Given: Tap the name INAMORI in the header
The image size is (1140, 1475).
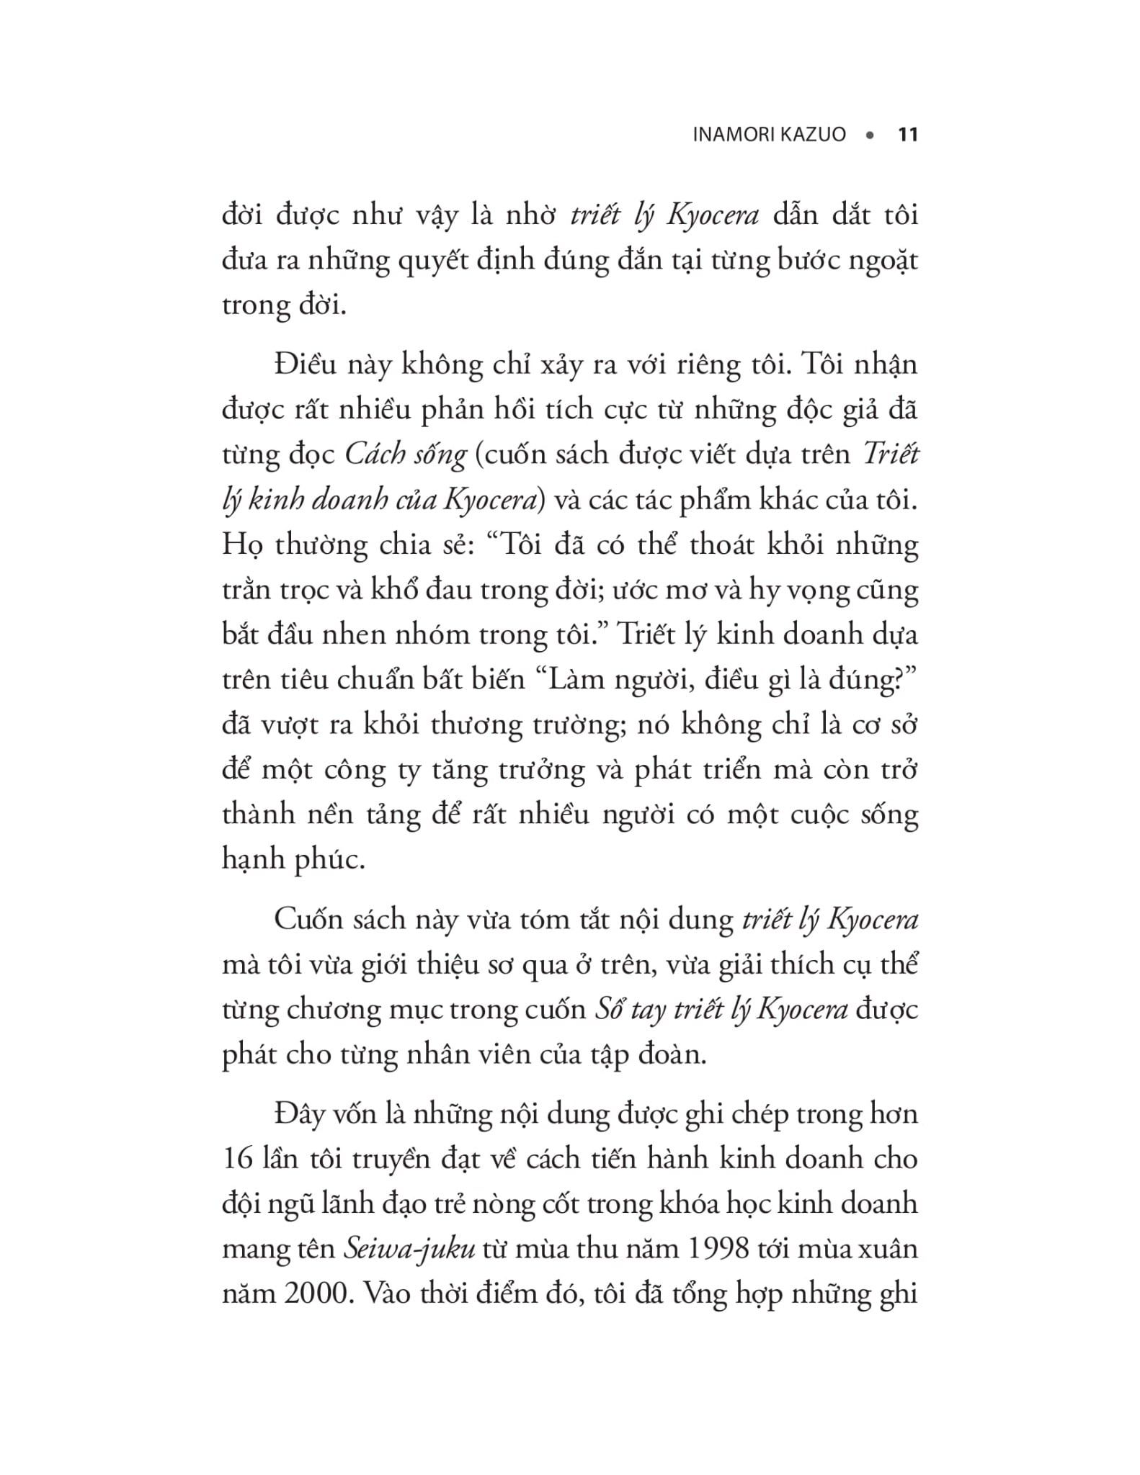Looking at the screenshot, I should (734, 135).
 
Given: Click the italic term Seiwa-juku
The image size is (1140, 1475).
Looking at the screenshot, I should (409, 1248).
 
